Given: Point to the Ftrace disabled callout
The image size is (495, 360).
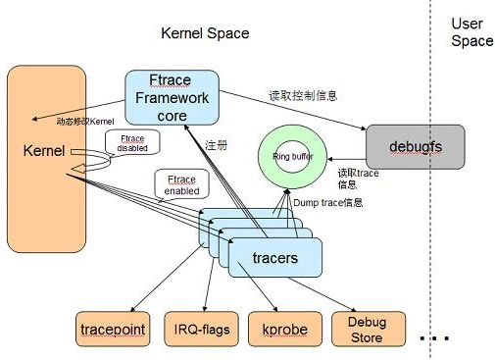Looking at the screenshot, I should (x=132, y=146).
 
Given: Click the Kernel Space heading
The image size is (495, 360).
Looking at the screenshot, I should (x=205, y=33).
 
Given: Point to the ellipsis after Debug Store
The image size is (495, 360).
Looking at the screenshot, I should (x=432, y=336).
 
